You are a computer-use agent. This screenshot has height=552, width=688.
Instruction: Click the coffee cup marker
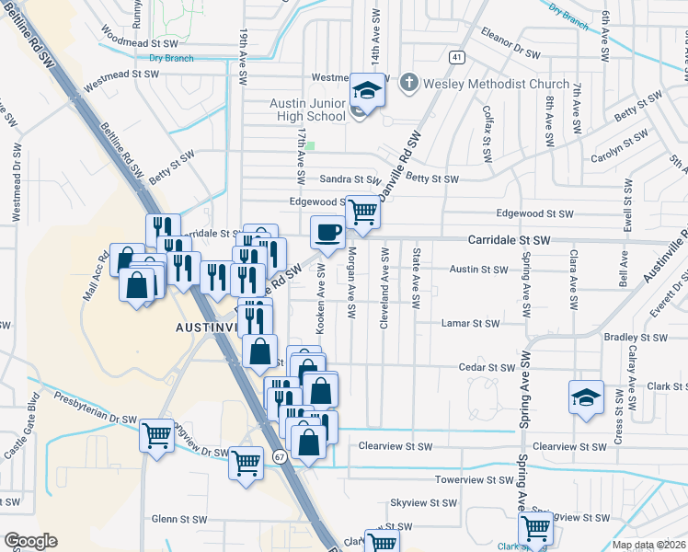[x=327, y=233]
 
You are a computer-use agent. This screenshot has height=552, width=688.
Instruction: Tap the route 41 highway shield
[x=457, y=57]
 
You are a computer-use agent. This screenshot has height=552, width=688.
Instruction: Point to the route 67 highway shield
[x=279, y=456]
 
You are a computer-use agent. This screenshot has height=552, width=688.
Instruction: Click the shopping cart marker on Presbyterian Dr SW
[x=157, y=435]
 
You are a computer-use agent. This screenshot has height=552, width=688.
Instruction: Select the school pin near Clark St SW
[x=586, y=397]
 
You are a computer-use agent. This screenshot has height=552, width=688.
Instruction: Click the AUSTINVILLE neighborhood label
[x=207, y=328]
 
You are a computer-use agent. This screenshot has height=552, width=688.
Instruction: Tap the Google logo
[x=30, y=541]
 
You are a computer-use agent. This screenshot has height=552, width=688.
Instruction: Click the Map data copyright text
[x=648, y=545]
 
